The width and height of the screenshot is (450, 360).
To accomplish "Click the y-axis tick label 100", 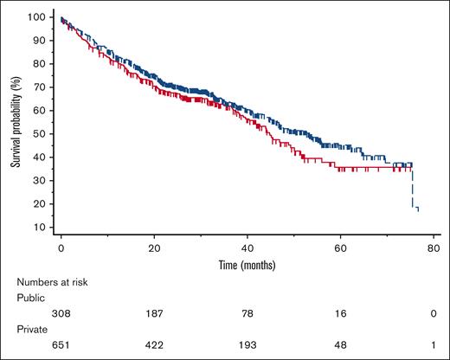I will point(38,17).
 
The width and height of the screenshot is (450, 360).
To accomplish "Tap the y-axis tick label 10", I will point(41,228).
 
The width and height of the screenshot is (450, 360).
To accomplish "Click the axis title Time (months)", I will point(247,262).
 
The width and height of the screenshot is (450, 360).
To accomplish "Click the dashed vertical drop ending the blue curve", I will point(413,186).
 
